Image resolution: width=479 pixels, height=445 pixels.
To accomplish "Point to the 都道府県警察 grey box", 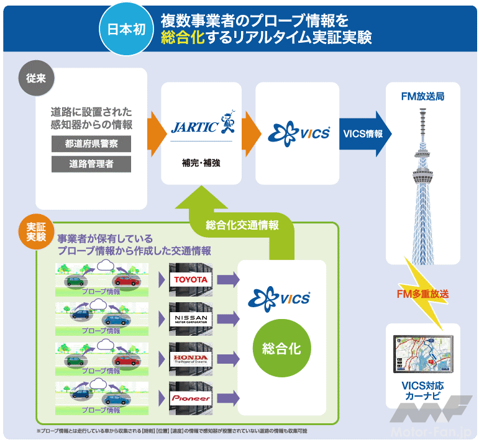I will point(92,143).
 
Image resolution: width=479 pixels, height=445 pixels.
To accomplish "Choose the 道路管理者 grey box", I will point(92,164).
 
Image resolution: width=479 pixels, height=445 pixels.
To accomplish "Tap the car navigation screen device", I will point(422,356).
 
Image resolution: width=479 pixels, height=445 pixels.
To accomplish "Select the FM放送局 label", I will point(423,96).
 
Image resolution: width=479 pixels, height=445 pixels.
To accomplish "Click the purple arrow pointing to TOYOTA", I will point(227,280).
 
